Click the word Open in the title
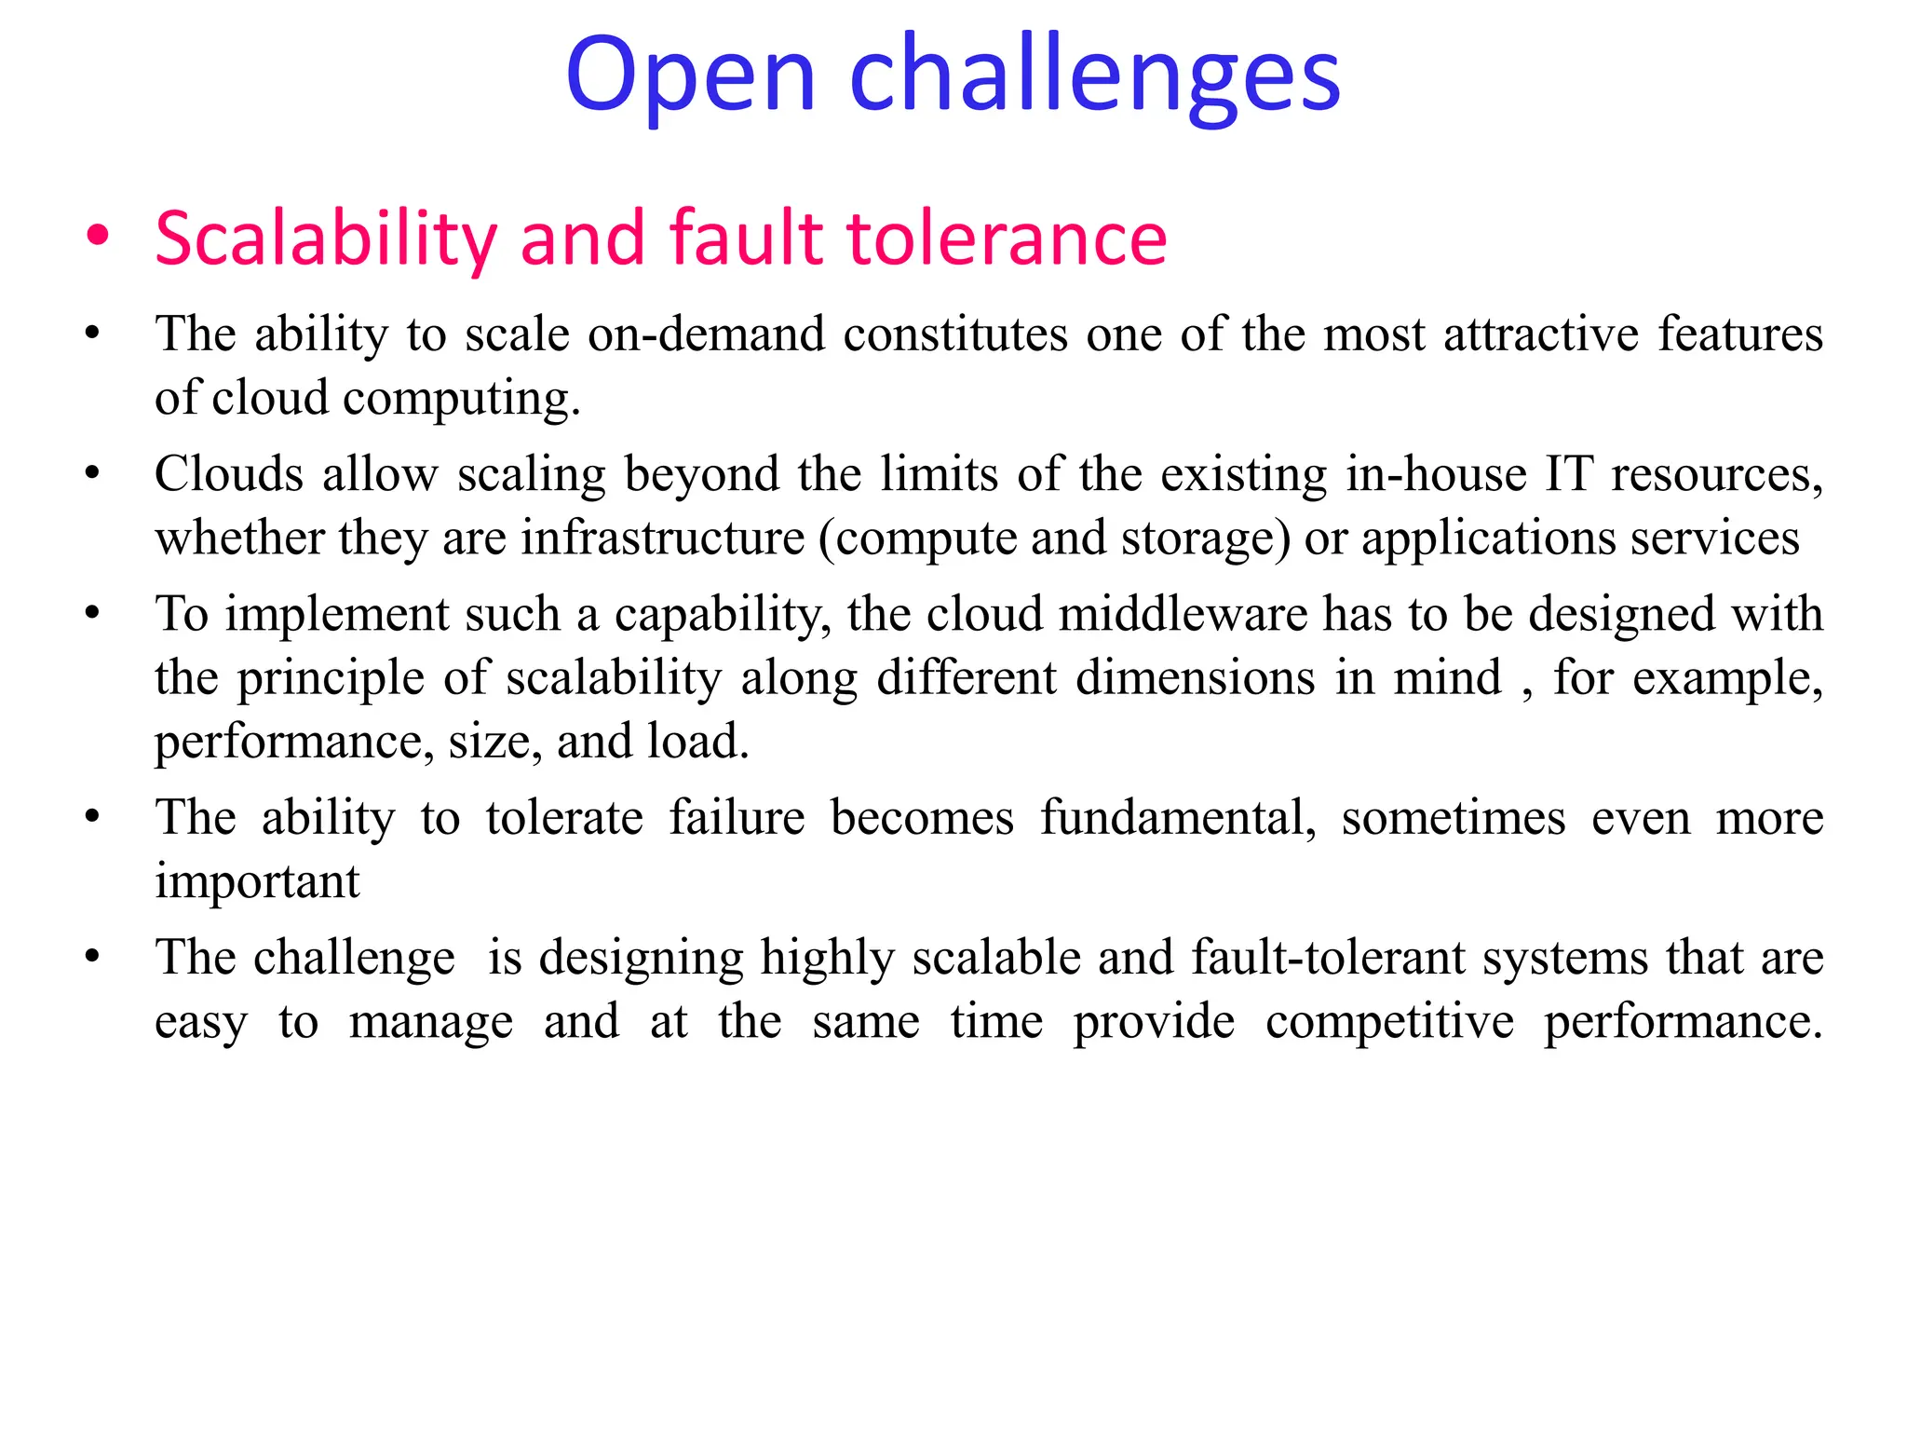click(690, 75)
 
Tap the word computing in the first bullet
click(462, 399)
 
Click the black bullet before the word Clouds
click(91, 474)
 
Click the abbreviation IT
click(1569, 474)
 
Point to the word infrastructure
click(662, 538)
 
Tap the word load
click(698, 742)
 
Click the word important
click(257, 881)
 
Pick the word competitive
click(1389, 1021)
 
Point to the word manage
click(431, 1021)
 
